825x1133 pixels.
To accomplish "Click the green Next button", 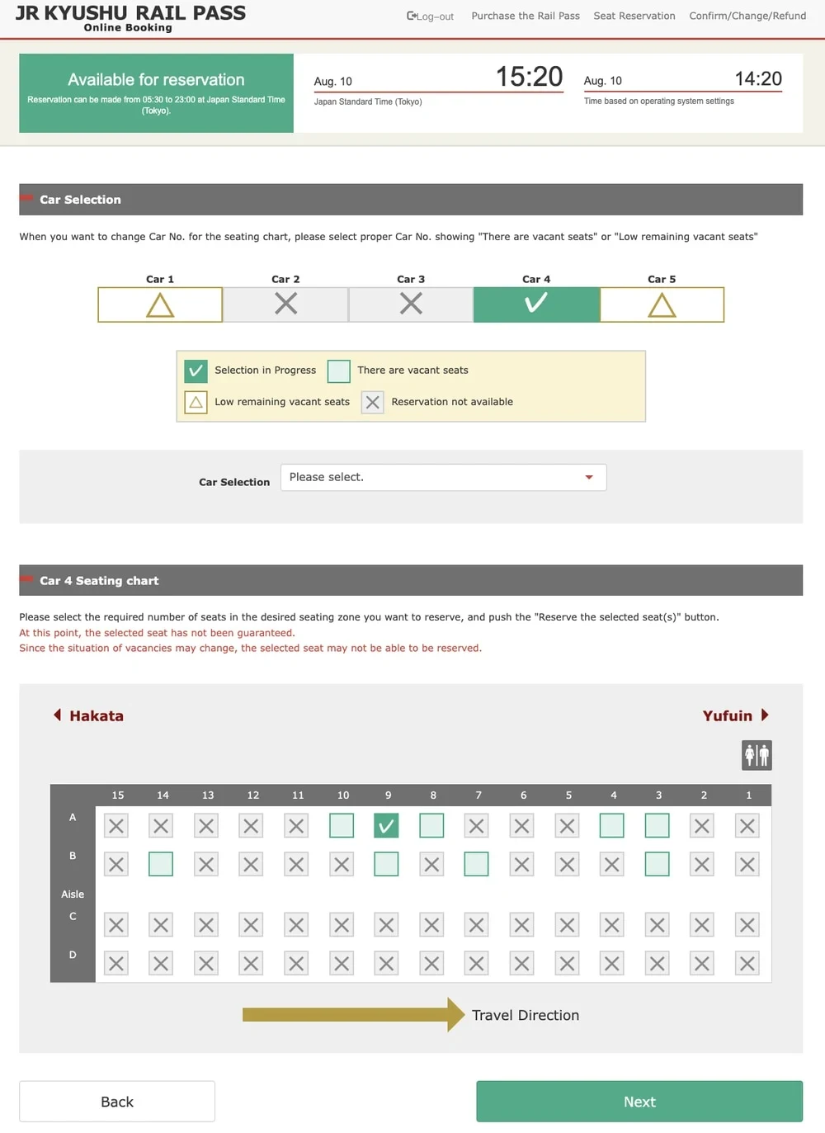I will [639, 1101].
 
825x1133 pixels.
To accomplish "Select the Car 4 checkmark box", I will [536, 304].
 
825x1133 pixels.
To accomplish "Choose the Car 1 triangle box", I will [160, 304].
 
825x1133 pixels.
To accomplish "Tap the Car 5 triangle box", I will [662, 304].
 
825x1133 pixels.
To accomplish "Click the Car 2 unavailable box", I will [285, 304].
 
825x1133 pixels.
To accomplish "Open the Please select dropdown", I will [443, 477].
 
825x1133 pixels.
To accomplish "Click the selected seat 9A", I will [386, 825].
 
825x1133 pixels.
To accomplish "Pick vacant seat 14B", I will [161, 864].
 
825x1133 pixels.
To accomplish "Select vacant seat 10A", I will [342, 825].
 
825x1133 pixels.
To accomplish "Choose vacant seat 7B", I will [476, 864].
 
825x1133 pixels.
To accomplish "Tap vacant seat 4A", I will [611, 825].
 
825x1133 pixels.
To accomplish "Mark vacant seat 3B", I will [657, 864].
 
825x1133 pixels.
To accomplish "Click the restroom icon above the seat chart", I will [757, 755].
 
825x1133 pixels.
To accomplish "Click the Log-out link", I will [431, 16].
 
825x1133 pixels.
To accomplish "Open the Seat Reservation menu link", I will [634, 16].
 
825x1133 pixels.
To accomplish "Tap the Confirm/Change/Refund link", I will [747, 16].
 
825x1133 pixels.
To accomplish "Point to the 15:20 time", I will [529, 77].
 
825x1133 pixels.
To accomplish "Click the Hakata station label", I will [96, 715].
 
